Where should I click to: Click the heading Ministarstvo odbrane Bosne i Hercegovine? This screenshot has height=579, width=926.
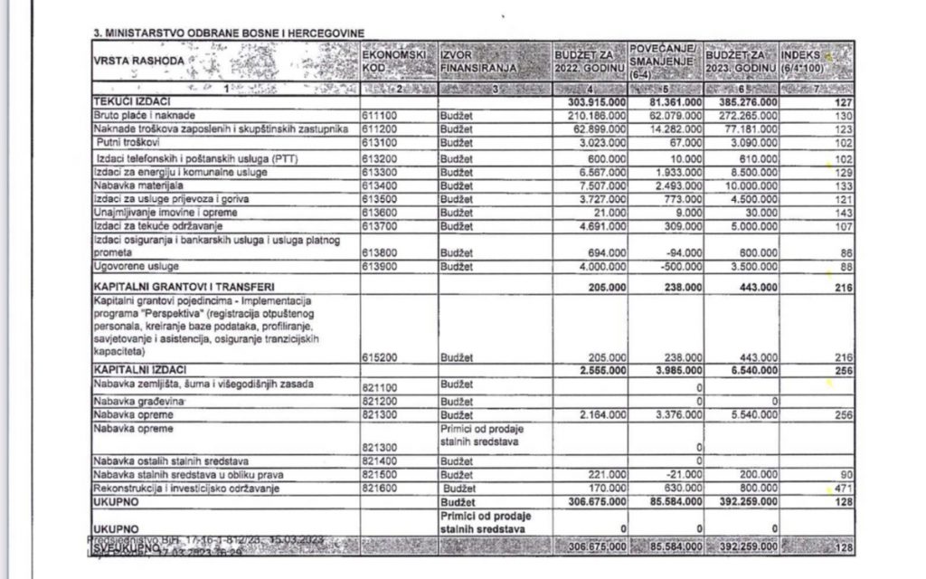click(x=229, y=33)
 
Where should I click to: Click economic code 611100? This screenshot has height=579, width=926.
click(x=380, y=116)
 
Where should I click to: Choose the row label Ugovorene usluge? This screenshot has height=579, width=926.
click(x=137, y=267)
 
